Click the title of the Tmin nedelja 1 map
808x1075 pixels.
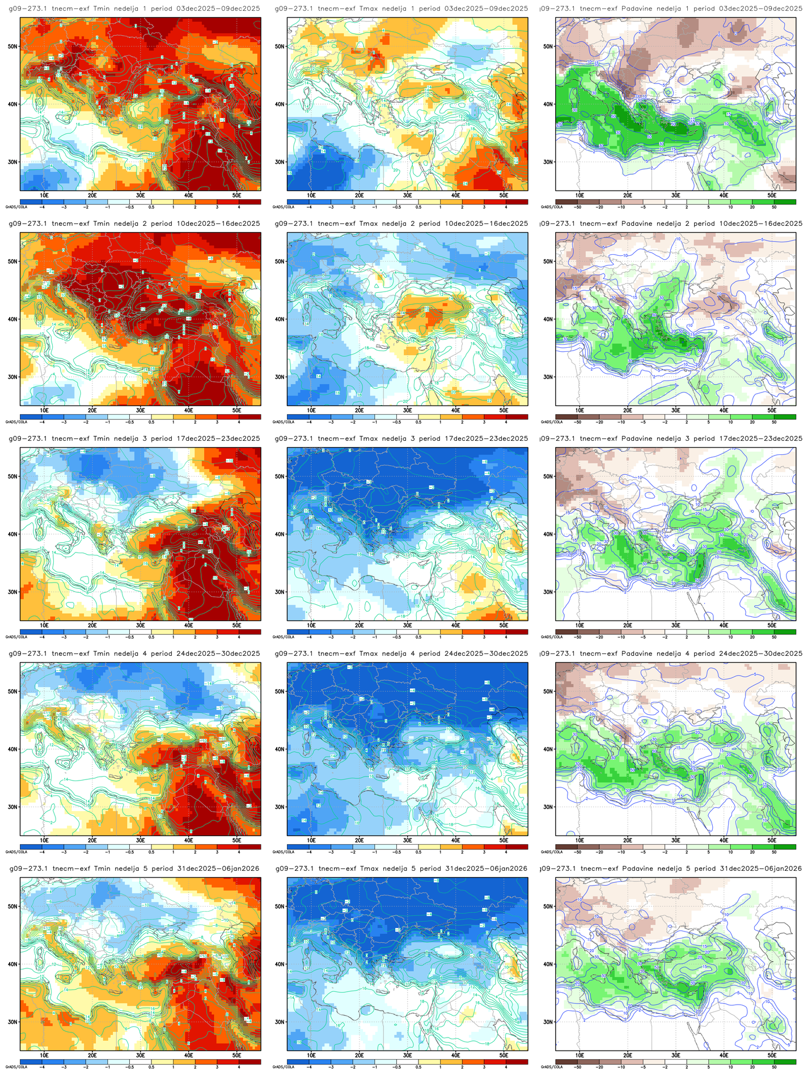tap(134, 9)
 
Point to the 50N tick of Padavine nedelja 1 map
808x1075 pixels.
tap(548, 47)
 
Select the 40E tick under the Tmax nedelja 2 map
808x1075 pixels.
tap(455, 410)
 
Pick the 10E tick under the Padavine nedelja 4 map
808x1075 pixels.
tap(579, 840)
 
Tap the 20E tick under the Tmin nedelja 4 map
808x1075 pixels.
tap(92, 840)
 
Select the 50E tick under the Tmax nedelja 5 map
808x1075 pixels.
tap(504, 1055)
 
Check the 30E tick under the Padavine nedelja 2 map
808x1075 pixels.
tap(675, 410)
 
